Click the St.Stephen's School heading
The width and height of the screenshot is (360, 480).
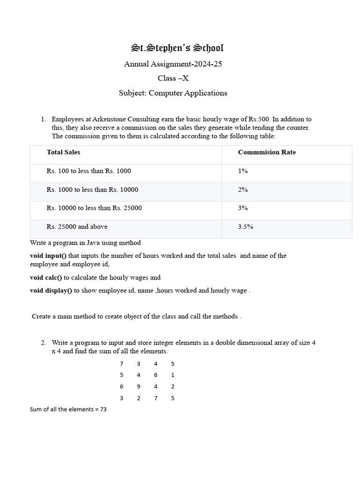point(177,48)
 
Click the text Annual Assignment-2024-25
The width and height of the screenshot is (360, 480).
point(173,64)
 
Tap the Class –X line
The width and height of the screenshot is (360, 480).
point(173,78)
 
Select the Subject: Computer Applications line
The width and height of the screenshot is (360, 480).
point(173,93)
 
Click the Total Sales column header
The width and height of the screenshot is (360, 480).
point(63,152)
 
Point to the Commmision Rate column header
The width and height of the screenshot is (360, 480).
point(267,152)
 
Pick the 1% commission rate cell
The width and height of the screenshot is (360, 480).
point(243,171)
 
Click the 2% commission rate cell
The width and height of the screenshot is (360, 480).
point(243,190)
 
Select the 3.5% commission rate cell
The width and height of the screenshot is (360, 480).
point(246,227)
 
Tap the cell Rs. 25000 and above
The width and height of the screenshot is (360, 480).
point(77,227)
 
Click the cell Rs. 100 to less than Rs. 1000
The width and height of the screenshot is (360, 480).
point(89,171)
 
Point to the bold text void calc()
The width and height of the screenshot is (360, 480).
point(46,277)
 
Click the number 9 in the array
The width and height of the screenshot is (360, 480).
point(138,387)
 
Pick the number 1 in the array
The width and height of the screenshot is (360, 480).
point(173,375)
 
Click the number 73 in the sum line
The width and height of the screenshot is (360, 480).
point(103,409)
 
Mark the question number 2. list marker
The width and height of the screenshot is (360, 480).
point(43,343)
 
